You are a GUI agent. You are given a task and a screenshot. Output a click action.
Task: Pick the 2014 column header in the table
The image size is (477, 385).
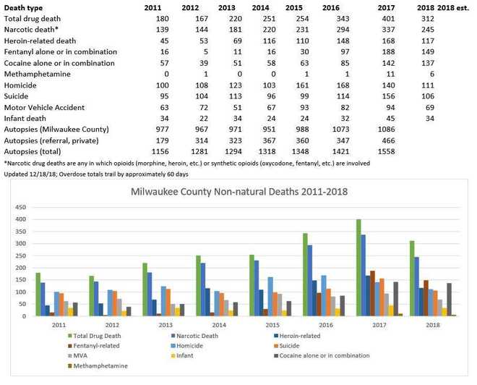tap(249, 6)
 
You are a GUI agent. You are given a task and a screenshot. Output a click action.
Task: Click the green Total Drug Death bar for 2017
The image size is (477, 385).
tap(358, 268)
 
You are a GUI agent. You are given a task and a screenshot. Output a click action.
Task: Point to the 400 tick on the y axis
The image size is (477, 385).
tap(20, 219)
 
